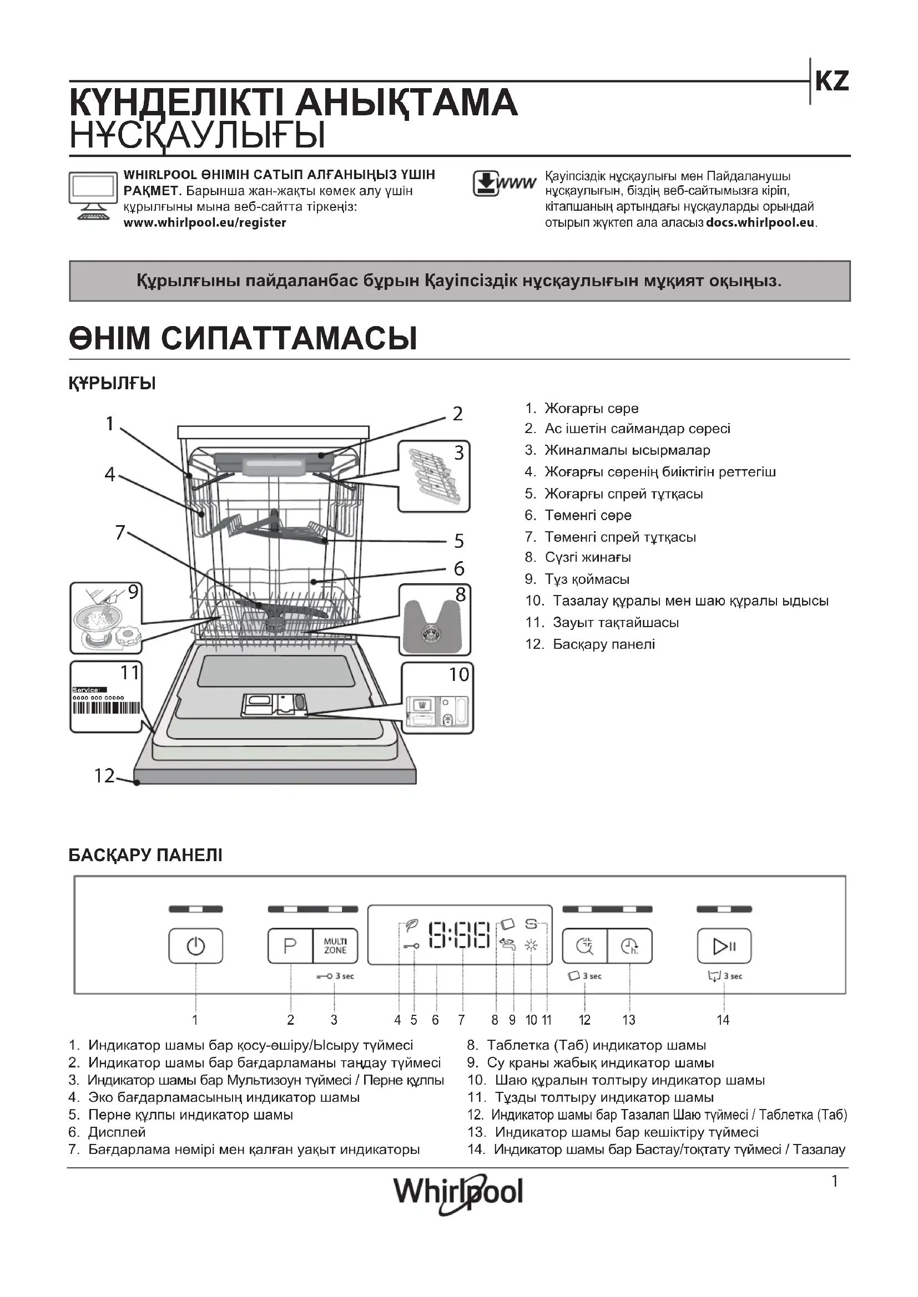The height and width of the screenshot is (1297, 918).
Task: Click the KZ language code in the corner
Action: click(831, 82)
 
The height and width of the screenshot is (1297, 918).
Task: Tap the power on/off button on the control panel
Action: click(195, 945)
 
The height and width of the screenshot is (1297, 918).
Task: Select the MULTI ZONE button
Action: click(335, 945)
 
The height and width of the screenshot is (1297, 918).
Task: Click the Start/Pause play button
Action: click(724, 945)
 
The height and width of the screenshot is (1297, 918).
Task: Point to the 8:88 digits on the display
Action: click(460, 935)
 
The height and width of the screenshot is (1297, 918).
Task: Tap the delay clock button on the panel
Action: click(630, 945)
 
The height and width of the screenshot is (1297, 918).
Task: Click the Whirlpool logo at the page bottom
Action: click(458, 1193)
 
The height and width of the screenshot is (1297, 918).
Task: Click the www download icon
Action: click(503, 184)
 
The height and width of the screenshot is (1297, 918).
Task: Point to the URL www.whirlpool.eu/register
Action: click(205, 222)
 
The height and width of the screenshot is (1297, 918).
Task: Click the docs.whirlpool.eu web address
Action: click(760, 222)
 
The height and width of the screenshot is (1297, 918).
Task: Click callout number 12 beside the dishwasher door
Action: click(104, 776)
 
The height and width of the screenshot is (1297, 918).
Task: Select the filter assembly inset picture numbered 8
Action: click(434, 620)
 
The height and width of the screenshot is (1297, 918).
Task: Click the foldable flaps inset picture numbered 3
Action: click(433, 476)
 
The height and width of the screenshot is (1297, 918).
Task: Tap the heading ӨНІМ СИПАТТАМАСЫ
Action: click(243, 338)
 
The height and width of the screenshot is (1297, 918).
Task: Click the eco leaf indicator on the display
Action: click(412, 925)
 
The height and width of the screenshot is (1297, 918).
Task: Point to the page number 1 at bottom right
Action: click(834, 1181)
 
